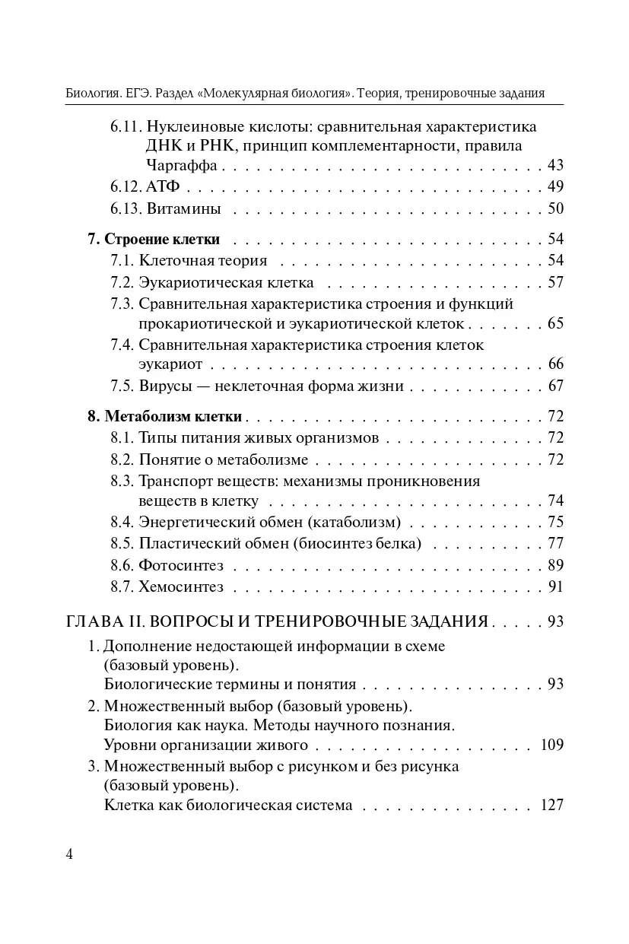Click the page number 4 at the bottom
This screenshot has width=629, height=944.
click(69, 853)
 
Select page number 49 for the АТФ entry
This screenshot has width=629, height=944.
click(555, 187)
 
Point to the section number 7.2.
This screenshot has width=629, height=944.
click(122, 283)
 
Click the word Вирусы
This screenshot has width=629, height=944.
click(165, 386)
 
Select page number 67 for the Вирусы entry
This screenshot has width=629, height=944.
click(555, 386)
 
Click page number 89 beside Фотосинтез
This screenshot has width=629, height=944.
click(555, 565)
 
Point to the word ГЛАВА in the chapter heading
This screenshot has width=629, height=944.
click(93, 621)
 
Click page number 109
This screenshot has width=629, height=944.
click(551, 745)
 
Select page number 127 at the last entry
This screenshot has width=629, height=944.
click(551, 805)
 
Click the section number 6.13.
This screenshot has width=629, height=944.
click(125, 208)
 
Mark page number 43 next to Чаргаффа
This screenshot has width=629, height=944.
click(555, 166)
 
